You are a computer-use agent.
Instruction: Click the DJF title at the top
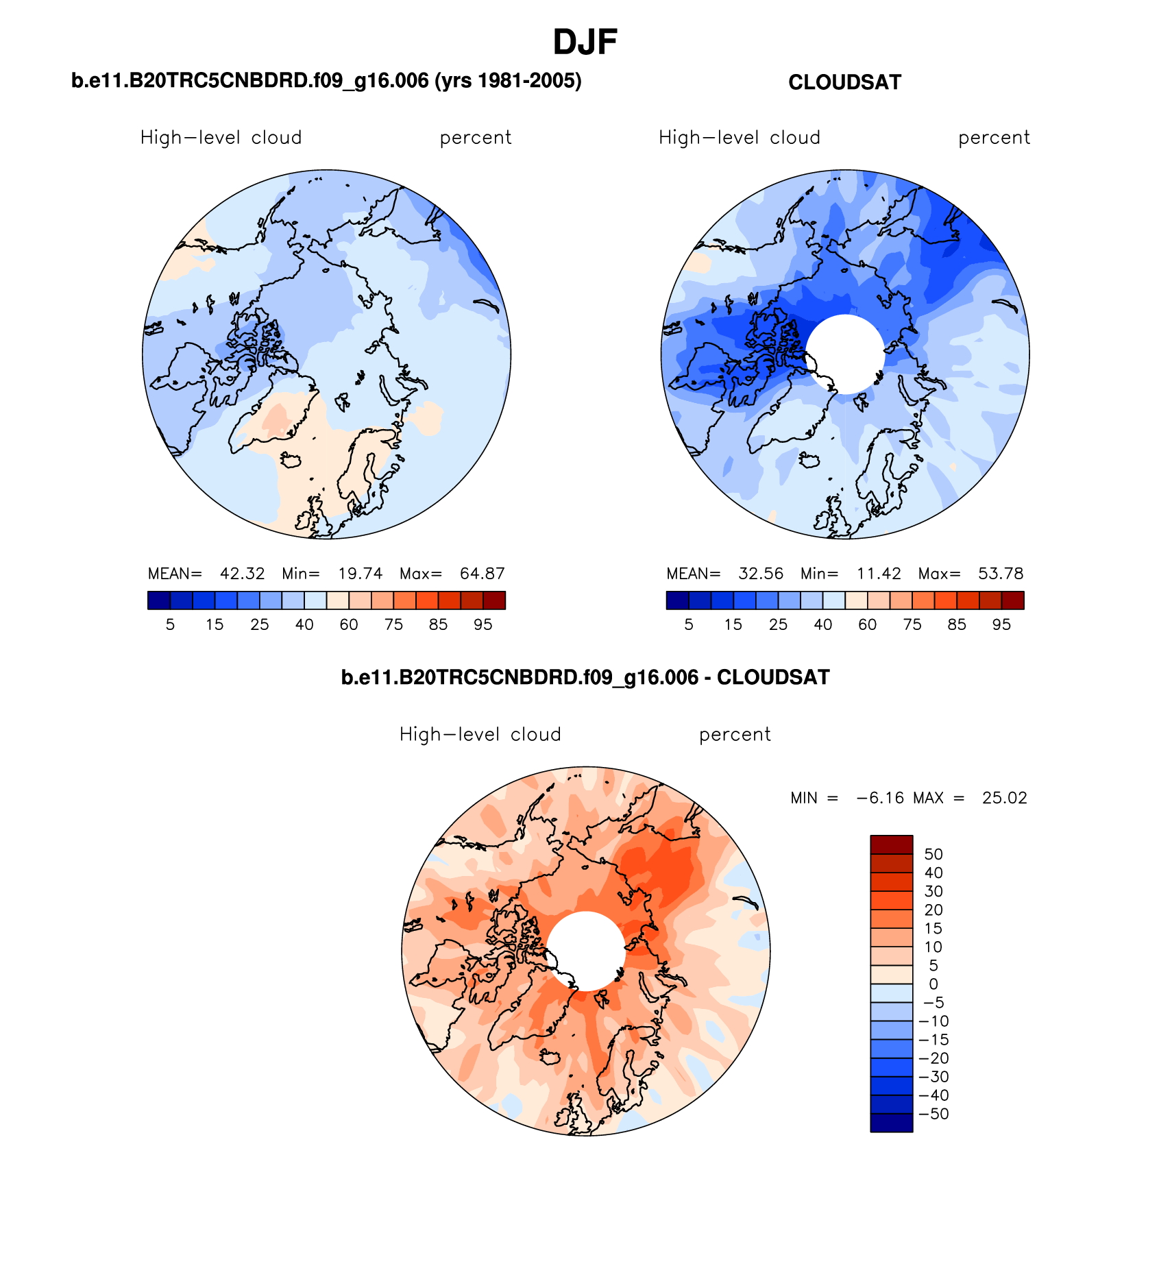[585, 42]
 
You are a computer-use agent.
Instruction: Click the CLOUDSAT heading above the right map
[844, 82]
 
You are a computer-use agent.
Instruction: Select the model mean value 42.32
[242, 574]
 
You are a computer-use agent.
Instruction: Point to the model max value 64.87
[483, 574]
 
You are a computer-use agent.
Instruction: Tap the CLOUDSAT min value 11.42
[879, 574]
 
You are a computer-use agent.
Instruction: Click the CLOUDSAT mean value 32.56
[761, 574]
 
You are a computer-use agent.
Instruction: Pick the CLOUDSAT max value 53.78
[1001, 574]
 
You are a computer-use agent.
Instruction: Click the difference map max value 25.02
[1004, 798]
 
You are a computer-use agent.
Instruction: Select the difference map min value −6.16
[880, 798]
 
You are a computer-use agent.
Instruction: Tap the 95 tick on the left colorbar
[483, 624]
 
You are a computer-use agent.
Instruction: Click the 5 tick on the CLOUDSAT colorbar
[689, 624]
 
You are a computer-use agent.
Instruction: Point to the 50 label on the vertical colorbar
[933, 854]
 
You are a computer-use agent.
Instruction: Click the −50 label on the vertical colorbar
[933, 1114]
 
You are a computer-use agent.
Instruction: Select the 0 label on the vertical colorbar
[933, 984]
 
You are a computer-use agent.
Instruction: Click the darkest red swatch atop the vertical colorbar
[891, 844]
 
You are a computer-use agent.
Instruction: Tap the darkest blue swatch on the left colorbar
[158, 600]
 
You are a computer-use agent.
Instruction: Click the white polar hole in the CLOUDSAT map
[845, 354]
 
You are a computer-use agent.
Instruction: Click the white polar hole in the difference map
[586, 951]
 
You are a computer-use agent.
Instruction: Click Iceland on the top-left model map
[291, 461]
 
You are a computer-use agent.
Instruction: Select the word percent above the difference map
[735, 735]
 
